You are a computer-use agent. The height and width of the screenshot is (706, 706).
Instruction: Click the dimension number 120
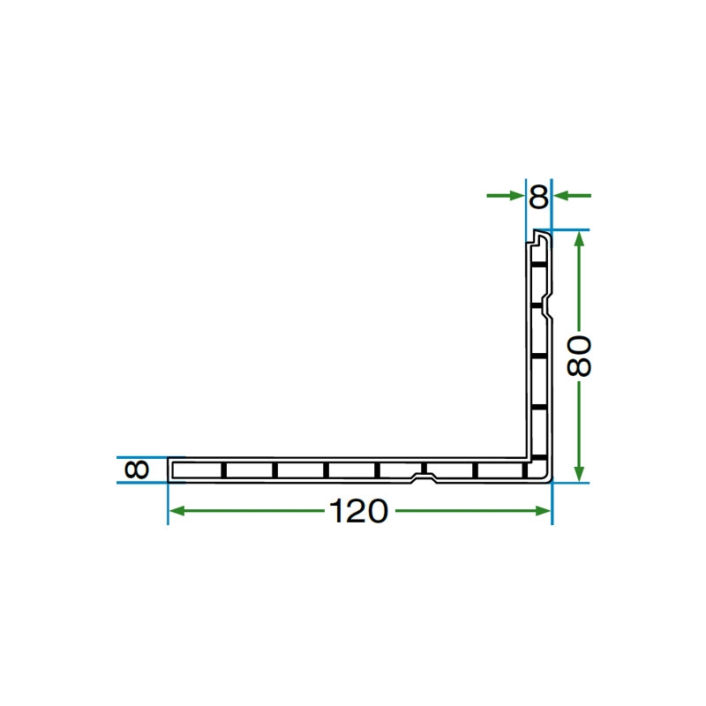pyautogui.click(x=358, y=511)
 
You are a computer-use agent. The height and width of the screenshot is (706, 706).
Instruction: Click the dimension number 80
pyautogui.click(x=579, y=356)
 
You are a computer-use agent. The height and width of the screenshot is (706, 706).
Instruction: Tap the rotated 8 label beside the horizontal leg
pyautogui.click(x=137, y=469)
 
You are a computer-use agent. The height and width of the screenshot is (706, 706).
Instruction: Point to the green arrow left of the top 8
pyautogui.click(x=505, y=195)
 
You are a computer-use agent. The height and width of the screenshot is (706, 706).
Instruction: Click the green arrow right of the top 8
pyautogui.click(x=572, y=195)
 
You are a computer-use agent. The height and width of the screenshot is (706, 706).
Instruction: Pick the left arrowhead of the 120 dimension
pyautogui.click(x=176, y=511)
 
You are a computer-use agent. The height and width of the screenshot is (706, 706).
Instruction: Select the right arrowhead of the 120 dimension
pyautogui.click(x=543, y=511)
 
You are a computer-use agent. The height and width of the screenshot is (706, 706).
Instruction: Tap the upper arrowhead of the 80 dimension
pyautogui.click(x=580, y=239)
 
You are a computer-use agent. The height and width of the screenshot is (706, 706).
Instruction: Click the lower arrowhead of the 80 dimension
pyautogui.click(x=580, y=473)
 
